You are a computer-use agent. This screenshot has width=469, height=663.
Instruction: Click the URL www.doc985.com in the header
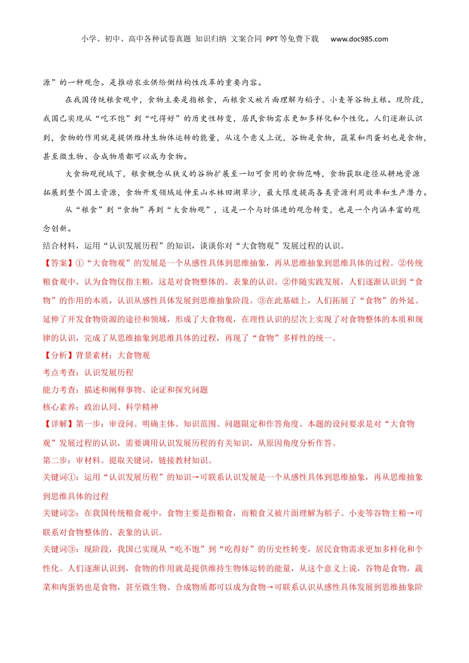pos(359,39)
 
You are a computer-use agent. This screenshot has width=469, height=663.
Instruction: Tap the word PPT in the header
pos(272,39)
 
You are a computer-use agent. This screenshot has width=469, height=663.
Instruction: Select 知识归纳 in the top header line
pos(211,39)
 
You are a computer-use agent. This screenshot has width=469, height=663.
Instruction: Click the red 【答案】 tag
pos(59,263)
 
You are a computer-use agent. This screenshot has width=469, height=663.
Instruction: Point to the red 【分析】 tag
pos(59,356)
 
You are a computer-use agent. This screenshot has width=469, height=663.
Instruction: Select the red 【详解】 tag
pos(59,424)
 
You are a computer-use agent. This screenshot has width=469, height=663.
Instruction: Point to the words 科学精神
pos(142,407)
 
